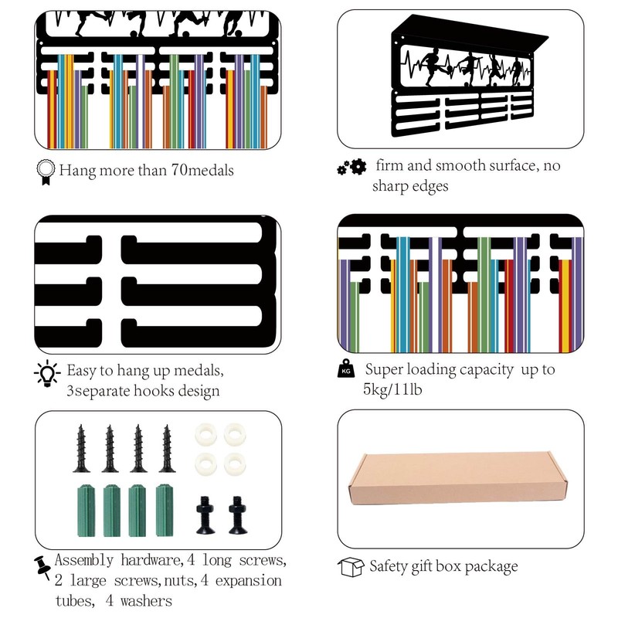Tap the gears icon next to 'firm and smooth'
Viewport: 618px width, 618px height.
point(351,168)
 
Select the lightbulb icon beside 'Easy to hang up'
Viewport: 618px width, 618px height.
point(46,375)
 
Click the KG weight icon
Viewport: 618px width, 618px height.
point(345,371)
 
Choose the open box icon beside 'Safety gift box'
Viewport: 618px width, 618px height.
point(351,568)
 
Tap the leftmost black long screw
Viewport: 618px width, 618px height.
point(82,447)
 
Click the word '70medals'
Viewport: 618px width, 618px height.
point(198,171)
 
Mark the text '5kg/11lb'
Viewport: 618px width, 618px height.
point(392,390)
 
